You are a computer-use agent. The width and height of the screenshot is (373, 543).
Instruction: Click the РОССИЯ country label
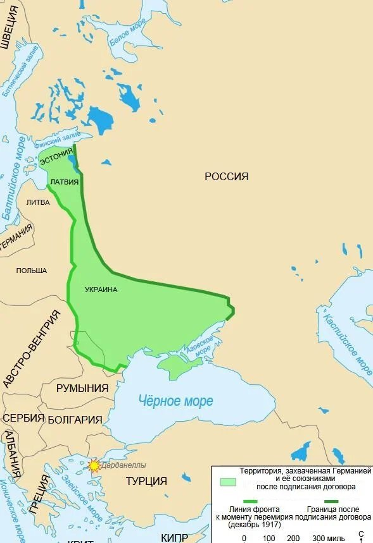226,176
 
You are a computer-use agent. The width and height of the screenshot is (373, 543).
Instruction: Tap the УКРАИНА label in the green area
101,290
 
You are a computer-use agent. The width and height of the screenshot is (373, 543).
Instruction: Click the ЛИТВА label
37,202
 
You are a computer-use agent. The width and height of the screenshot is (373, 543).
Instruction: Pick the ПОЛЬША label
32,271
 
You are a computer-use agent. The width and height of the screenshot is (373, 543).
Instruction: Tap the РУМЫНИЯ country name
82,388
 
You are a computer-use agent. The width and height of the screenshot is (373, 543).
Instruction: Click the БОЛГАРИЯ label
75,419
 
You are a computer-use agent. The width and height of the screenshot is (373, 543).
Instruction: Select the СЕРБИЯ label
23,418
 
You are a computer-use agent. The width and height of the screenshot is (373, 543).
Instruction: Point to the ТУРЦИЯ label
146,481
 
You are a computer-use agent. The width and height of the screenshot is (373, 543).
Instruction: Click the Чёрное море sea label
176,401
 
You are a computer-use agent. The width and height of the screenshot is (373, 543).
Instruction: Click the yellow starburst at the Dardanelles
94,467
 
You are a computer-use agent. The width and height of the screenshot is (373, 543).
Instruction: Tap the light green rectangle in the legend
227,482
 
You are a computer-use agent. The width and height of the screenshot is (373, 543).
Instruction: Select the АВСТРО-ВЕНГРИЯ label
32,348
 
